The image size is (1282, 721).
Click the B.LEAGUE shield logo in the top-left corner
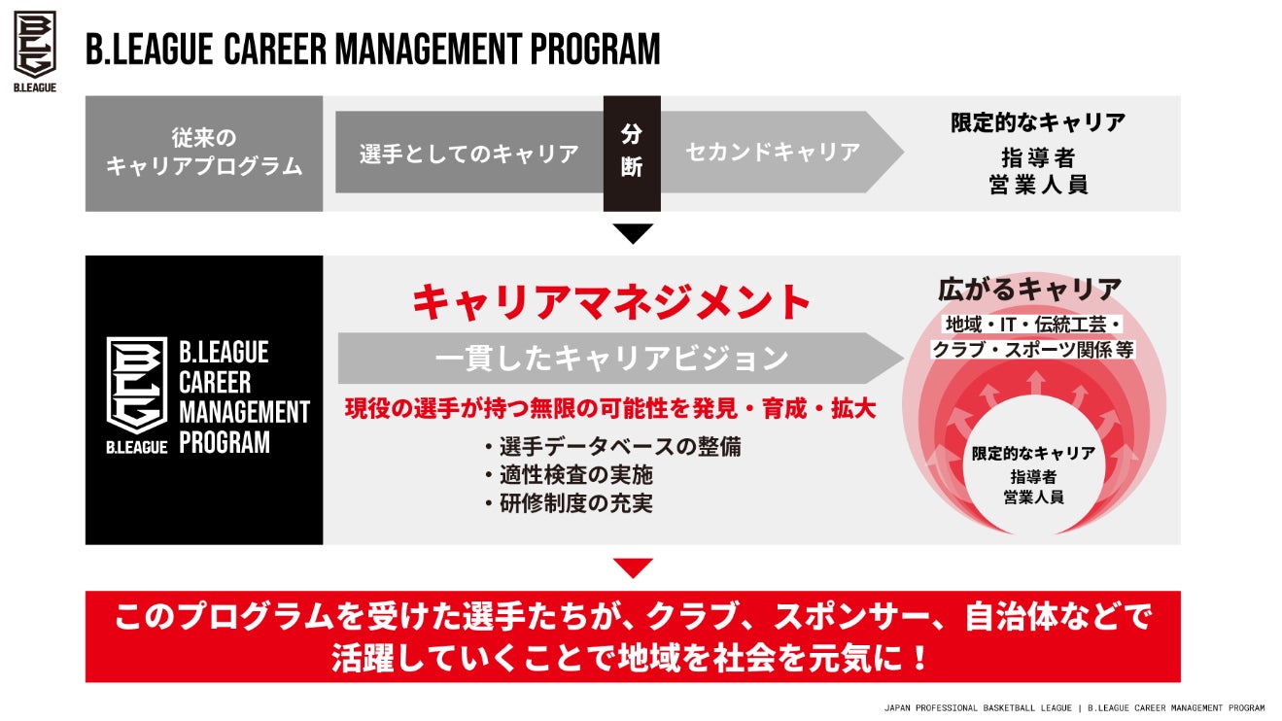(x=35, y=45)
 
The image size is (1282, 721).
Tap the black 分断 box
(x=632, y=153)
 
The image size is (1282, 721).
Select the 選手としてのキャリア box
(x=468, y=153)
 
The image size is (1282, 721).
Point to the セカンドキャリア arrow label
(x=773, y=153)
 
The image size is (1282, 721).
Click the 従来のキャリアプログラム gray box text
(x=204, y=153)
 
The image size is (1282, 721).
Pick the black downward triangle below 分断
(x=633, y=233)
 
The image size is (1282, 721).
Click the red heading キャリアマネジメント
(x=611, y=302)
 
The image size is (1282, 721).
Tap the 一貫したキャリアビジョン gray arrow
(x=611, y=359)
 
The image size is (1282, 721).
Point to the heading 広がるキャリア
(x=1029, y=289)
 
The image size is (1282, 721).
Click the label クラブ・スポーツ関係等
(x=1033, y=349)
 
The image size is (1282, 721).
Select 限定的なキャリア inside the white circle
(x=1033, y=454)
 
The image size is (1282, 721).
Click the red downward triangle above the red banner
(x=633, y=568)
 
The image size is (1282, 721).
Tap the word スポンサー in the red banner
(x=857, y=618)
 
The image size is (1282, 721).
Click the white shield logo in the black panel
(x=136, y=385)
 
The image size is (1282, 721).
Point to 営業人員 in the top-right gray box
(x=1037, y=185)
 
